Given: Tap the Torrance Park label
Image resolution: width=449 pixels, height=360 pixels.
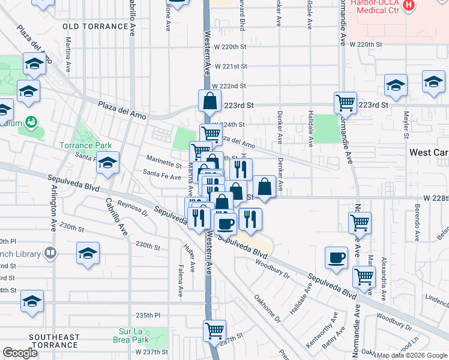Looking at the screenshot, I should coord(85,145).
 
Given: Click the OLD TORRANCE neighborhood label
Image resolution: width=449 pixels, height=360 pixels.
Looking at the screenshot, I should coord(95,26).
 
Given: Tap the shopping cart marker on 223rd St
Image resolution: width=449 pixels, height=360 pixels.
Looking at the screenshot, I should coord(345,103).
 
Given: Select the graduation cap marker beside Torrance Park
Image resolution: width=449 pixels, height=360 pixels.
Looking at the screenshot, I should coord(107,163).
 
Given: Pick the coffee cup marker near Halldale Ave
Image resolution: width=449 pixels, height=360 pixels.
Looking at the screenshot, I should coord(336,258).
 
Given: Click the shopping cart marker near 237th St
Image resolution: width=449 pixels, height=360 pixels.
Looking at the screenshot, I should coord(214,330).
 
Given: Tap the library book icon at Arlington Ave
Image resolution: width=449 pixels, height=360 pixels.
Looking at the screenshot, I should coord(50,254).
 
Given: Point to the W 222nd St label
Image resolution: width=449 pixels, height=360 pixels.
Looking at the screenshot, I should coord(229,86).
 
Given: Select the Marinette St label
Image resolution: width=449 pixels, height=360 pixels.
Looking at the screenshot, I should coord(164,163).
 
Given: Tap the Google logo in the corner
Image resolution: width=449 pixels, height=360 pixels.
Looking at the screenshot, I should coord(20,352).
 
